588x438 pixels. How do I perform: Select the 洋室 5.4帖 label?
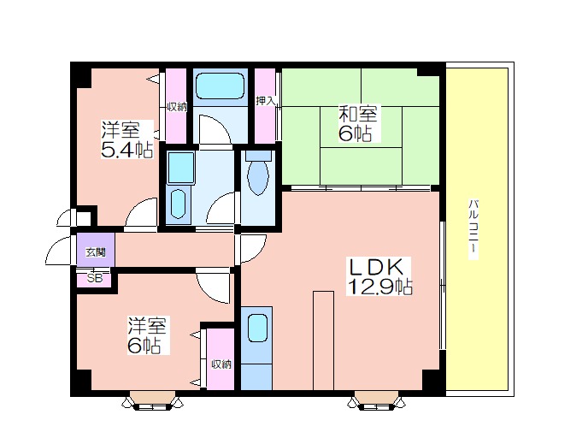coord(127,139)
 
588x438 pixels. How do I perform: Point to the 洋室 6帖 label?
coord(147,335)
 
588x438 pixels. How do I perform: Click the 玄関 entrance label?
coord(95,252)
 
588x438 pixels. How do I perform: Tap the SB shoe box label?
coord(95,279)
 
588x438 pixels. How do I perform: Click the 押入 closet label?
coord(266,101)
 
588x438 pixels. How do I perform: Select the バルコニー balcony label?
coord(473,229)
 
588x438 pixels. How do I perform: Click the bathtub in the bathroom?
coord(220,86)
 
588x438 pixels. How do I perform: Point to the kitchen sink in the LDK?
coord(257,328)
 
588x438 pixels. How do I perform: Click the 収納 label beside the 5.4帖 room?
coord(177,107)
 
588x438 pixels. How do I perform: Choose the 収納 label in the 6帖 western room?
coord(221,364)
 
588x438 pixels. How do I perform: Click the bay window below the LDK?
coord(377,401)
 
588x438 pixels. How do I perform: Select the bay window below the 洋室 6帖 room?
coord(153,401)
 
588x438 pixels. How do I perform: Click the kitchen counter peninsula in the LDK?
coord(323,340)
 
